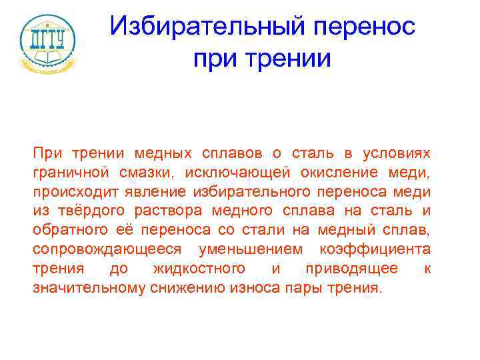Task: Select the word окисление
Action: tap(344, 173)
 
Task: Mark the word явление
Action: tap(159, 193)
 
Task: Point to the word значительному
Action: tap(85, 289)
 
